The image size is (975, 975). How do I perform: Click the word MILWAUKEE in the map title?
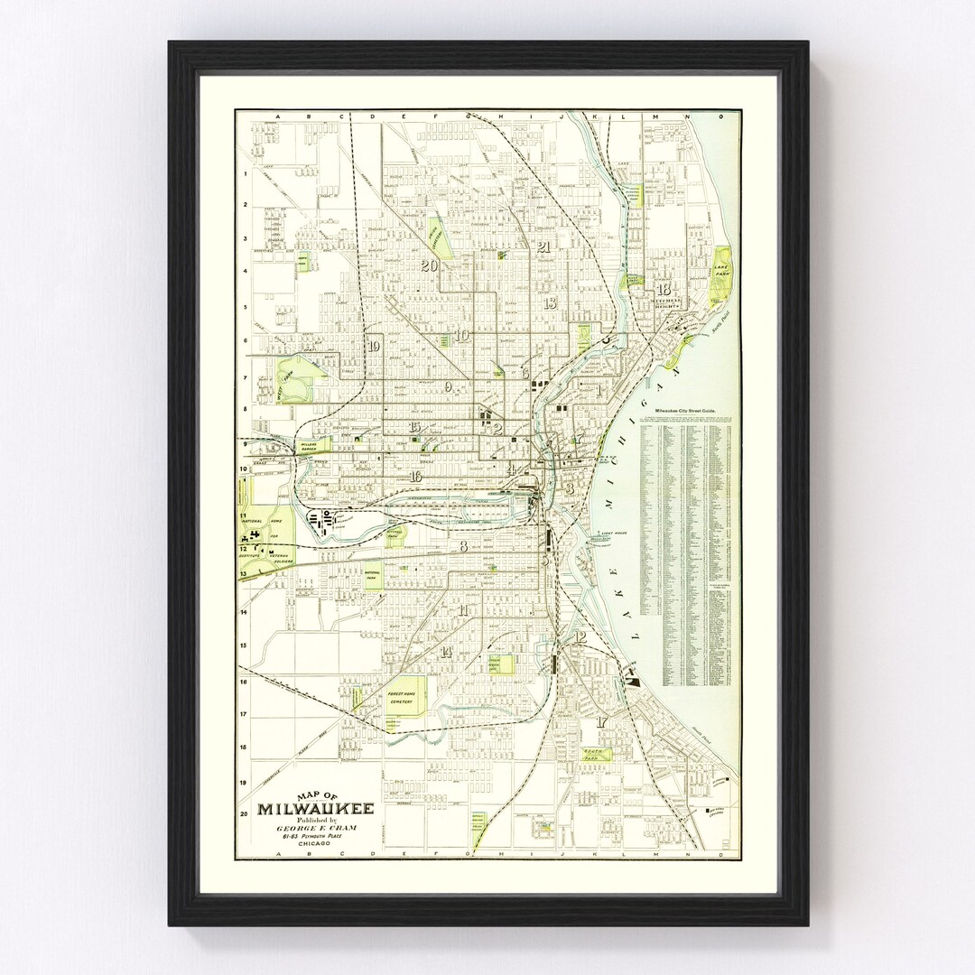coord(315,808)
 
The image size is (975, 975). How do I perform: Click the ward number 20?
coord(429,265)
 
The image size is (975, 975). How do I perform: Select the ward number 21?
coord(543,246)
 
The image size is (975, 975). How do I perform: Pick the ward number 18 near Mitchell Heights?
coord(664,290)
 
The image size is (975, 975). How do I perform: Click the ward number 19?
coord(374,346)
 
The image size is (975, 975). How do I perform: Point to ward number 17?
coord(601,721)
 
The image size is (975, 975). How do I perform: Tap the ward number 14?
coord(445,652)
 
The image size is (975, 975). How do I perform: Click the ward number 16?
coord(415,477)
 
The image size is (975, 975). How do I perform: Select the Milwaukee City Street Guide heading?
coord(690,411)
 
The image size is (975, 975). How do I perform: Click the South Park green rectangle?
coord(595,755)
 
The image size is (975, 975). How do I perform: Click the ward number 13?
coord(550,302)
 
